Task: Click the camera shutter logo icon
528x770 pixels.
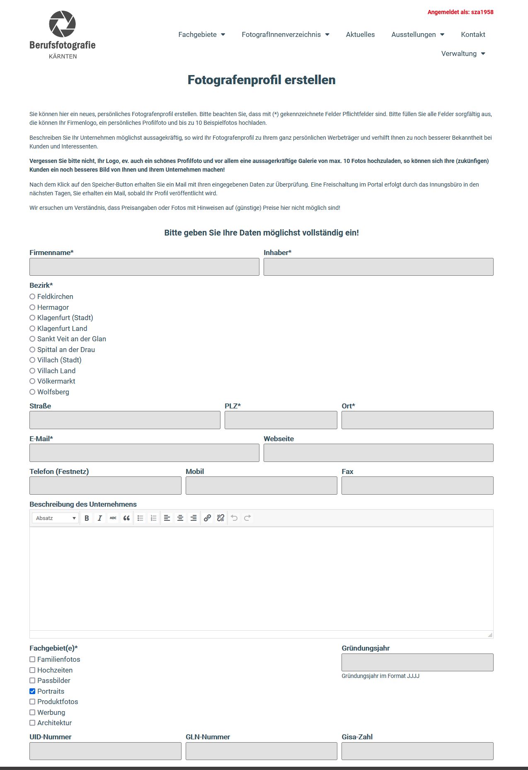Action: (x=62, y=24)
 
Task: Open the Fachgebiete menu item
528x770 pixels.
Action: (x=201, y=34)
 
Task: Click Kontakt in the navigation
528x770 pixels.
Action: (x=473, y=34)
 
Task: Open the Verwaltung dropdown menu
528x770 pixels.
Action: (x=463, y=53)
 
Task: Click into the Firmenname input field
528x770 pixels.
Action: (x=144, y=267)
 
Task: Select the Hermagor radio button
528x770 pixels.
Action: (x=32, y=307)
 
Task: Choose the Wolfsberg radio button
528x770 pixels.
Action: (x=32, y=392)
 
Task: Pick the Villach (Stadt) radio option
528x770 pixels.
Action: (x=32, y=360)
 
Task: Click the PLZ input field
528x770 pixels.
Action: (x=281, y=420)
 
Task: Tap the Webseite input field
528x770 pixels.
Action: (x=378, y=453)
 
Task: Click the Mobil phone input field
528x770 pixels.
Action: (x=261, y=486)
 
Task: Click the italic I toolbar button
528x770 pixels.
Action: (x=99, y=518)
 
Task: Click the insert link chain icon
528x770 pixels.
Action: (x=207, y=518)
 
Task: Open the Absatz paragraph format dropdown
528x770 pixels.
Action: (x=56, y=518)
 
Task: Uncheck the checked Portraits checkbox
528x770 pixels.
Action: (x=32, y=691)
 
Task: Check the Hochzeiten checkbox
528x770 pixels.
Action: (x=32, y=670)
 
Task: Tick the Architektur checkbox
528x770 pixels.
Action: (x=32, y=723)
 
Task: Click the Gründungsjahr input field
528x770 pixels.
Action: (x=417, y=662)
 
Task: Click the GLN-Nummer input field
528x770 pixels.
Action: (x=261, y=751)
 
